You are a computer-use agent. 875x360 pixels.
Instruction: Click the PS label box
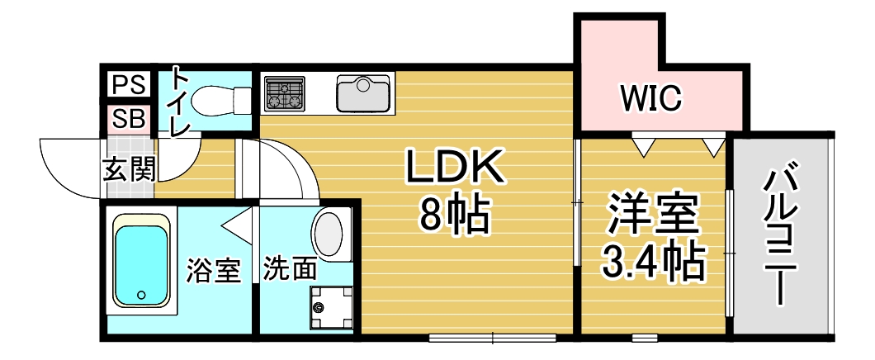(x=128, y=84)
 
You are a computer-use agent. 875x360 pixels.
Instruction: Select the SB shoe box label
(x=128, y=118)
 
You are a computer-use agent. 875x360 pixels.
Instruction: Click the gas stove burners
(x=284, y=93)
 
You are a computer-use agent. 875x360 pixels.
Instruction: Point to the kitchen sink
(x=363, y=93)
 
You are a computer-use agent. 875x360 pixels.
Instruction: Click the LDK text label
(x=453, y=169)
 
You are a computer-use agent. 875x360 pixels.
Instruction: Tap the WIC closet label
(x=651, y=99)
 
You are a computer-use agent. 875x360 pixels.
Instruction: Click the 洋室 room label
(x=653, y=216)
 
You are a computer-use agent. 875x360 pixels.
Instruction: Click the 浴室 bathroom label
(x=213, y=270)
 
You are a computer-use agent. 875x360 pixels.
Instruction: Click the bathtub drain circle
(x=140, y=294)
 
